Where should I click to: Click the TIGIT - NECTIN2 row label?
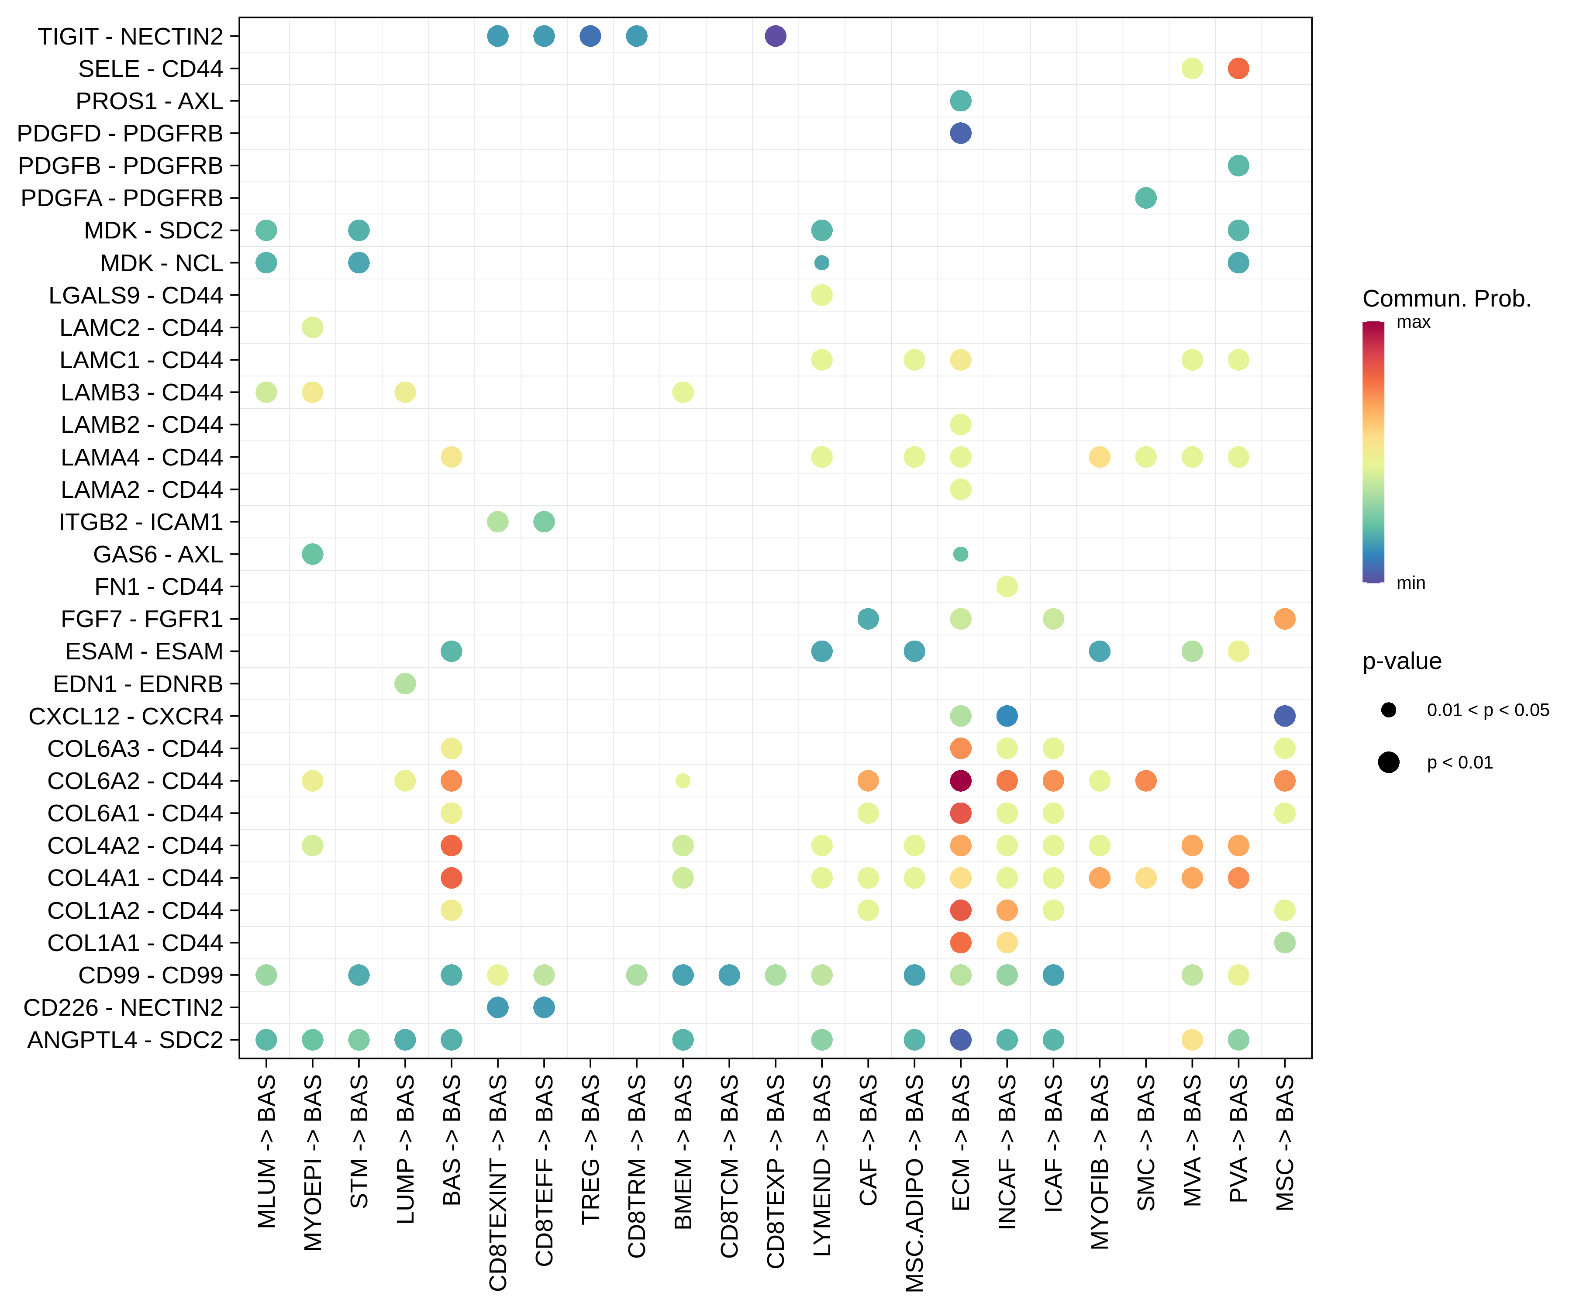(131, 36)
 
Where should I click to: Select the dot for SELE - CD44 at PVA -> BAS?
(1238, 69)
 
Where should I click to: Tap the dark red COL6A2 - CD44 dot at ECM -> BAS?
(960, 781)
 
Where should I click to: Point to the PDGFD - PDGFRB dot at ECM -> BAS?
(960, 134)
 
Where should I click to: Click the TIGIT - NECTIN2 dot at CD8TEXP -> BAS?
(775, 36)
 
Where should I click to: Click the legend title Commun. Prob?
(1446, 299)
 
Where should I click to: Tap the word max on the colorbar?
(1413, 323)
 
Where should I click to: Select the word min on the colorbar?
(1411, 583)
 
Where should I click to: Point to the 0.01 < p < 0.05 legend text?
(1487, 710)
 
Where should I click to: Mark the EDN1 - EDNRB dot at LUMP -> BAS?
(405, 684)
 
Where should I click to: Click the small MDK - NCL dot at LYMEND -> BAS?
(822, 263)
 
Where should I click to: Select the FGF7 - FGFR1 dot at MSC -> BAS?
(1284, 619)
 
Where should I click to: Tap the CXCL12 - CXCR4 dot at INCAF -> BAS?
(1006, 716)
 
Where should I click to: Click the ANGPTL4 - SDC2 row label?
(125, 1040)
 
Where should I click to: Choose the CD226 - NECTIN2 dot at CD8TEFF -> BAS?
(544, 1008)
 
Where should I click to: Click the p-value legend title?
(1401, 661)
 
